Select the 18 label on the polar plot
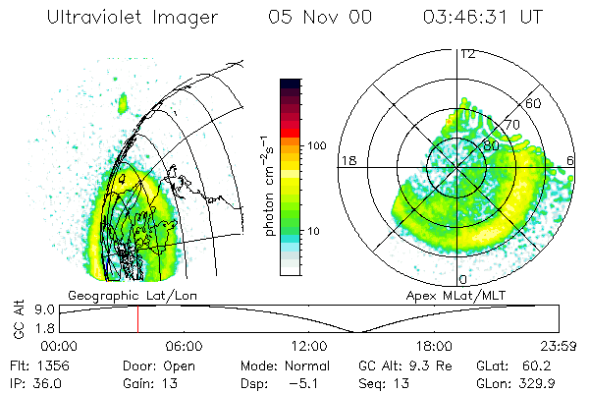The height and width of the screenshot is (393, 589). (347, 160)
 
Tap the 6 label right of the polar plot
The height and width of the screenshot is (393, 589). (571, 160)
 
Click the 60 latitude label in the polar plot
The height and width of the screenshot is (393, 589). (534, 103)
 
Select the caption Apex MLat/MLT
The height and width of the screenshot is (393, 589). (448, 295)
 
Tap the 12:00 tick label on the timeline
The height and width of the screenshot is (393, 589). (309, 346)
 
